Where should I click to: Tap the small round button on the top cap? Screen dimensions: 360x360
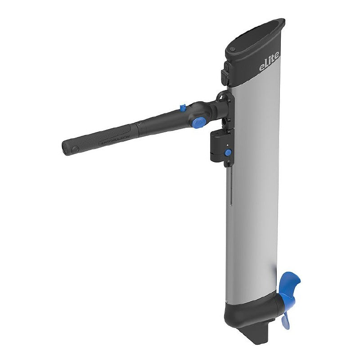click(232, 49)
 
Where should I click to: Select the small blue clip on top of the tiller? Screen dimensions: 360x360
click(183, 108)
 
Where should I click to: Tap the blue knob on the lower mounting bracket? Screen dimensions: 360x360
click(228, 153)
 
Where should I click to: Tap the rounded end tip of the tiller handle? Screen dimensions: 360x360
click(67, 148)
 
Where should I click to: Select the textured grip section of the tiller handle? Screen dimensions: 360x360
click(99, 139)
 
